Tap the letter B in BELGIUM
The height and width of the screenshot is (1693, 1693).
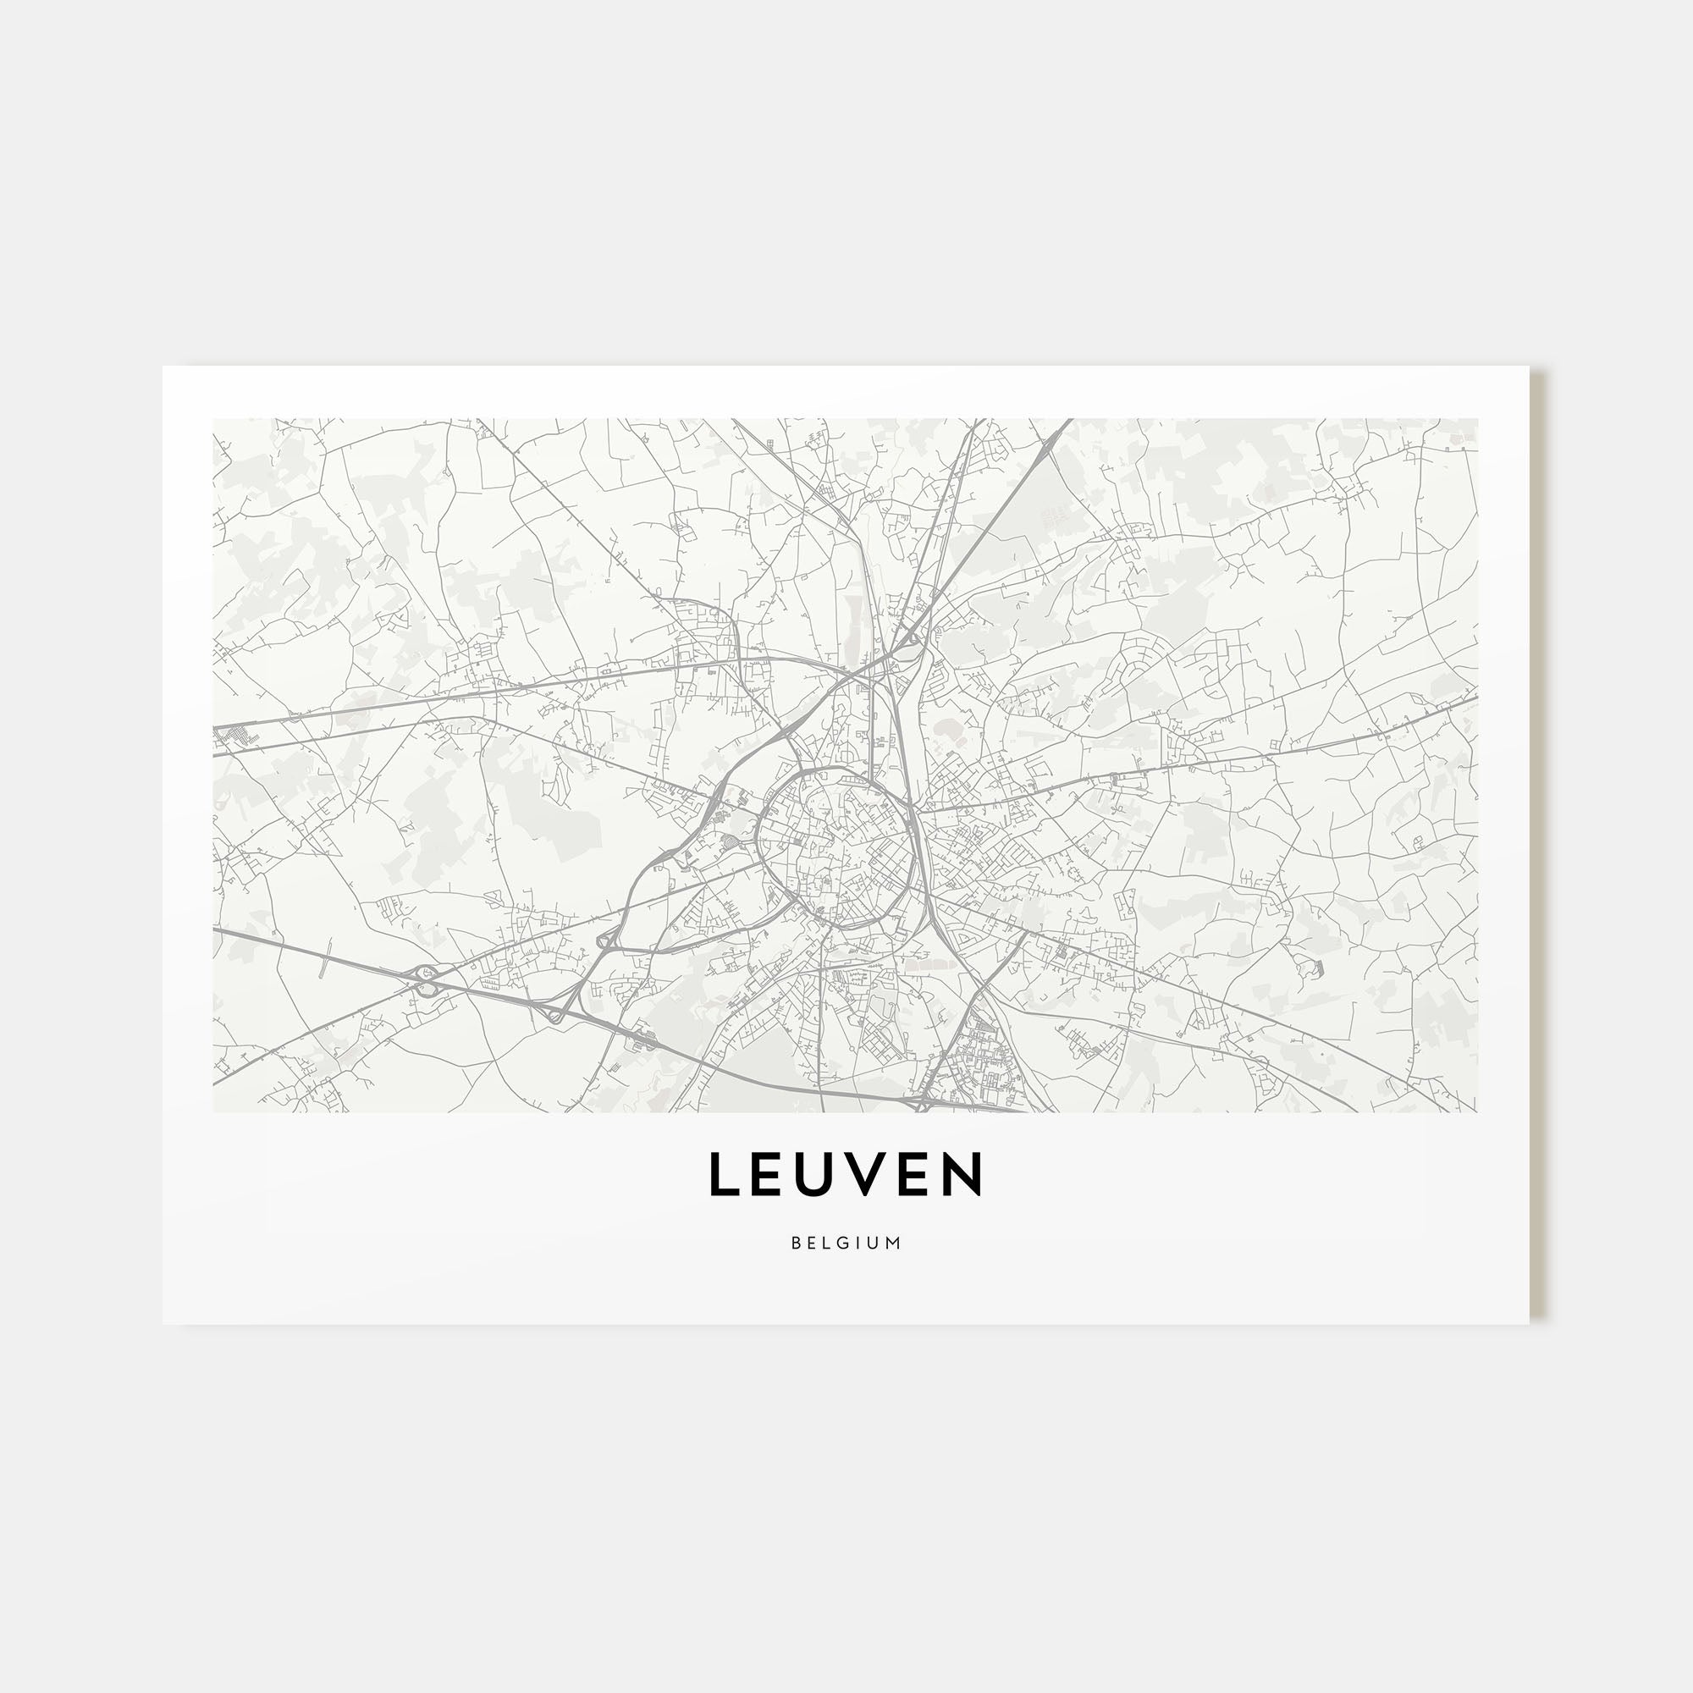pos(796,1243)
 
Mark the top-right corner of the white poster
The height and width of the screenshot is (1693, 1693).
pos(1529,367)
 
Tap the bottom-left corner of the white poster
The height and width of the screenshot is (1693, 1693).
pos(163,1324)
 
